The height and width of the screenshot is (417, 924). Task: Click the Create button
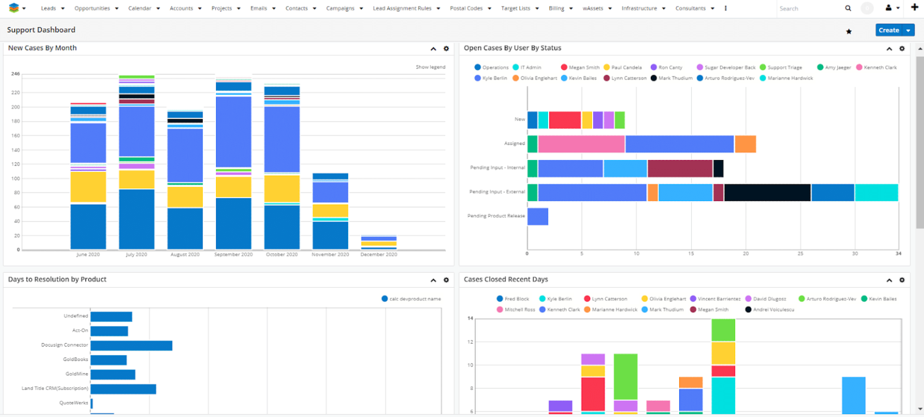(x=889, y=30)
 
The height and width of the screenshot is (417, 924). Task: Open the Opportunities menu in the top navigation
(x=92, y=8)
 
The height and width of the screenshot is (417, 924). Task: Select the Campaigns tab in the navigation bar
(x=340, y=8)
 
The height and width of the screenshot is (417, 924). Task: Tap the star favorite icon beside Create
(x=849, y=31)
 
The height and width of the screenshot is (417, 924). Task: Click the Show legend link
(x=430, y=67)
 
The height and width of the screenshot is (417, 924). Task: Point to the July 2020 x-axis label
(x=137, y=255)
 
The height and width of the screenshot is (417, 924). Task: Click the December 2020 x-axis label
(x=378, y=255)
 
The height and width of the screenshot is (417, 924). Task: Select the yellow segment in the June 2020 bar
(x=88, y=187)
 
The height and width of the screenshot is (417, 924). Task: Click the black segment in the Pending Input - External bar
(x=767, y=193)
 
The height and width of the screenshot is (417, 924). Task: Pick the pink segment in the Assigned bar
(x=581, y=144)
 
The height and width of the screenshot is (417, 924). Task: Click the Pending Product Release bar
(x=537, y=217)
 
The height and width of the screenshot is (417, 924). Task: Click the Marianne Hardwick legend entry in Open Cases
(x=786, y=78)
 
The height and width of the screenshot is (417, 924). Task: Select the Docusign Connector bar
(x=131, y=345)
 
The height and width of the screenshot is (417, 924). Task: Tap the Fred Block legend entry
(x=516, y=299)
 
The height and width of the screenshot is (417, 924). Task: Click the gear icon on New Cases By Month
(x=446, y=49)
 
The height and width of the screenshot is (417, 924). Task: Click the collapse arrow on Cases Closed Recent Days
(x=889, y=280)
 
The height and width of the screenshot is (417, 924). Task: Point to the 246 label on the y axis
(x=16, y=74)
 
